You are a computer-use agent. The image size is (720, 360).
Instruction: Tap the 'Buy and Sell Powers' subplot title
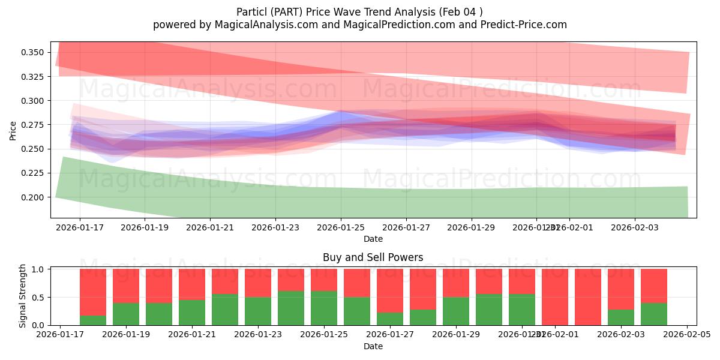tap(373, 257)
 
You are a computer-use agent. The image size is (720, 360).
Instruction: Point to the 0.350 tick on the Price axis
tap(32, 53)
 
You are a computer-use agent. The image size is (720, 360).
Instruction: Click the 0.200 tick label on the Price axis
tap(32, 197)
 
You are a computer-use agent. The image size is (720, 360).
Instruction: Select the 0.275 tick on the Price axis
tap(32, 125)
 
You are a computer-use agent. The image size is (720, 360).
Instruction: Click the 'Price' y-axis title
tap(13, 130)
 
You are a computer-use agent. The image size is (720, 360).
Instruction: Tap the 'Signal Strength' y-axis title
tap(23, 296)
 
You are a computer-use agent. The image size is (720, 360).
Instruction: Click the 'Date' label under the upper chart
tap(373, 239)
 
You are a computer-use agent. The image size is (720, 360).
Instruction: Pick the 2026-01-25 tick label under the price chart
tap(341, 227)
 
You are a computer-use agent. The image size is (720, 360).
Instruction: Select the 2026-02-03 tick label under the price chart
tap(635, 227)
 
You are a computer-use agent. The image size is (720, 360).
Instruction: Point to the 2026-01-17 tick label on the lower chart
tap(60, 335)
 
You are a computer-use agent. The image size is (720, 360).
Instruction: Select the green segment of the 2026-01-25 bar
tap(324, 308)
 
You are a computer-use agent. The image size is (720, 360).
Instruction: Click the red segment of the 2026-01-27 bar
tap(390, 290)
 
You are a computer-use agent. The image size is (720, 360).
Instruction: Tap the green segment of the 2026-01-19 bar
tap(126, 314)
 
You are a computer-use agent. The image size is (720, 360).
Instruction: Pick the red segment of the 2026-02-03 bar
tap(621, 289)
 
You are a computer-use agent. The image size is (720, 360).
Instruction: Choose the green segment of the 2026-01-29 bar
tap(456, 311)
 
